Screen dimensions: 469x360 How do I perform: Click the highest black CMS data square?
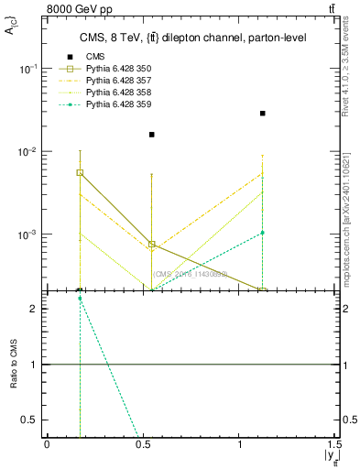point(263,114)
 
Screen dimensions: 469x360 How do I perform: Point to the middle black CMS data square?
point(152,135)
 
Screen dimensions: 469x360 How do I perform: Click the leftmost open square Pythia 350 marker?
point(80,172)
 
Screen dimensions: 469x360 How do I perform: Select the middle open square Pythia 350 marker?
point(152,245)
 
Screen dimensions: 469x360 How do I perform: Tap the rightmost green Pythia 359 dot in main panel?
point(263,233)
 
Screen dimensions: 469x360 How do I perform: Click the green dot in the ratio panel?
point(80,299)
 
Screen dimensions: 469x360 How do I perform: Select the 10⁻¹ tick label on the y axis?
point(27,70)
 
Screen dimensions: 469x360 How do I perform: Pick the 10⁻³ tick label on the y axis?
point(27,235)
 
